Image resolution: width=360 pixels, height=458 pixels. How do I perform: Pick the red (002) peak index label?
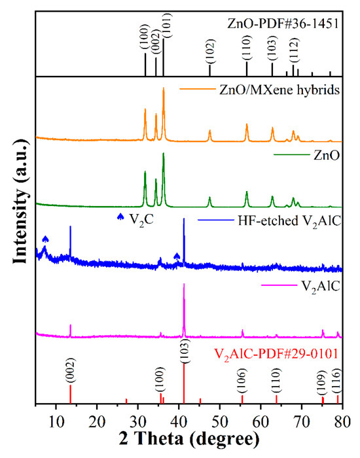pos(70,372)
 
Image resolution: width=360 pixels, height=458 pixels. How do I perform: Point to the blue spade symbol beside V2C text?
pos(120,217)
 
